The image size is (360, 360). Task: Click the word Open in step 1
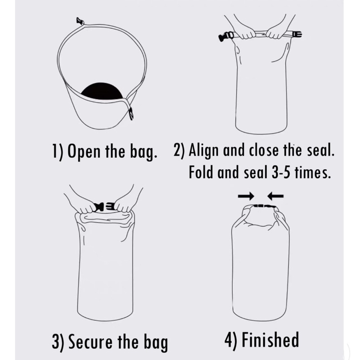point(84,152)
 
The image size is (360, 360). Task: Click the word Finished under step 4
point(270,340)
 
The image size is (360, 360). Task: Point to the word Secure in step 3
point(91,342)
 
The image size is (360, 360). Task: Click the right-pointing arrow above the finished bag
point(246,196)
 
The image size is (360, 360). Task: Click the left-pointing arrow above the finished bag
point(275,196)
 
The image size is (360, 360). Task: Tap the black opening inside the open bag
point(102,91)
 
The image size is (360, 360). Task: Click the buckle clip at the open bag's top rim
point(80,21)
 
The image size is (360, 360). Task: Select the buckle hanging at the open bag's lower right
point(131,113)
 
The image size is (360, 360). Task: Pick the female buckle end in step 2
point(297,35)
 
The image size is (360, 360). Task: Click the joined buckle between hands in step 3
point(105,207)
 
